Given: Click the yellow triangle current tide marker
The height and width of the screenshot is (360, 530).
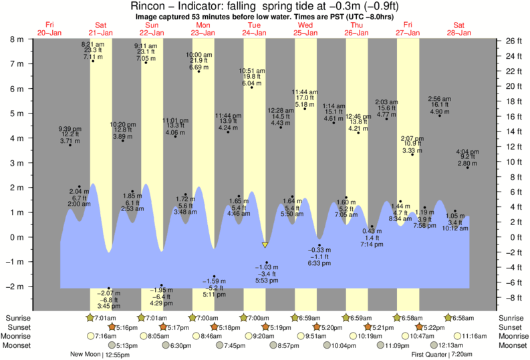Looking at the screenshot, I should pos(265,245).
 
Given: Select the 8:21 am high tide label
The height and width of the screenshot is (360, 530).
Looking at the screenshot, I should pos(94,44).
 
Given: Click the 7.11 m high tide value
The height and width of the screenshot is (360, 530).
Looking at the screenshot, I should pos(94,57).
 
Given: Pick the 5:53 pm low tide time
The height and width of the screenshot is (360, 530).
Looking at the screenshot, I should pos(267,281).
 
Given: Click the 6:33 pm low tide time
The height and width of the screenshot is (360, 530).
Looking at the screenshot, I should pos(319,264).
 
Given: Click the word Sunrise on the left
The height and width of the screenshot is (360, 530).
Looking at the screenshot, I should pos(16,318).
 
